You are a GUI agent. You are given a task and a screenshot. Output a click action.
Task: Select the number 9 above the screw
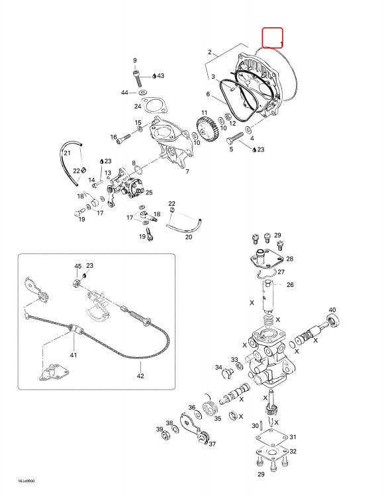(x=135, y=60)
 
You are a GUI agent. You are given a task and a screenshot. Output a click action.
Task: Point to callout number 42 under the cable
(x=140, y=376)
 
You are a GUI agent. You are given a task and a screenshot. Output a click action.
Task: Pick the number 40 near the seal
(x=332, y=310)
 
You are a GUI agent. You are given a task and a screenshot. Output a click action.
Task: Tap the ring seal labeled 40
(x=333, y=321)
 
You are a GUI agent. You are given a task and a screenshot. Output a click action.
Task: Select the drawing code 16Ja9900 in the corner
(x=26, y=481)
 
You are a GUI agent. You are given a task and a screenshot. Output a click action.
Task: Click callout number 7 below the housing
(x=187, y=171)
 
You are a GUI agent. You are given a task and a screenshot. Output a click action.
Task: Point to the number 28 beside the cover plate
(x=290, y=259)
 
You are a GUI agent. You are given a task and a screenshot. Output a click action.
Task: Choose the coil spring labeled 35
(x=210, y=408)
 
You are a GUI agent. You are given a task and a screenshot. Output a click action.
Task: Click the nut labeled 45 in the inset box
(x=76, y=282)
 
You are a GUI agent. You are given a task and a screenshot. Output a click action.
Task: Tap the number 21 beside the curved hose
(x=67, y=153)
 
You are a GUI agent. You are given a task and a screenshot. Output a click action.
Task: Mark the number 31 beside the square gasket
(x=293, y=437)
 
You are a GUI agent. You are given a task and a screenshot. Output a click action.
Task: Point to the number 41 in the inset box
(x=73, y=355)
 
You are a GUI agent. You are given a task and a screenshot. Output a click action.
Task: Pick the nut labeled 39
(x=165, y=436)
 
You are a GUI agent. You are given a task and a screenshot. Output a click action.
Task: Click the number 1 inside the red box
(x=281, y=43)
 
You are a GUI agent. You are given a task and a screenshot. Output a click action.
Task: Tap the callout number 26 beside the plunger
(x=290, y=284)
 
